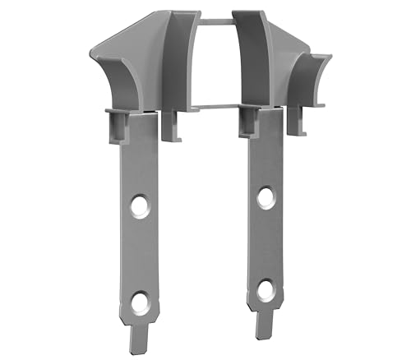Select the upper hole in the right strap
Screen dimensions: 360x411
266,197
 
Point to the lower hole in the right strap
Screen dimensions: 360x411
265,290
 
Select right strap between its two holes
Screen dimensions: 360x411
265,244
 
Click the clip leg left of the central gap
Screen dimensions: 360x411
171,124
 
